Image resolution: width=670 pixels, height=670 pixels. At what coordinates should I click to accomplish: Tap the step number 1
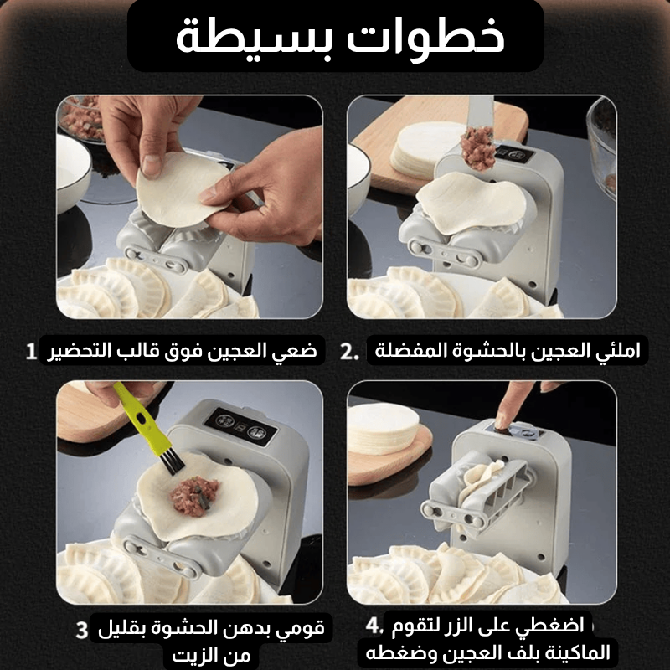(31, 352)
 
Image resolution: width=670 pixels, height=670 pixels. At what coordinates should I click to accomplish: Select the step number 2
(349, 352)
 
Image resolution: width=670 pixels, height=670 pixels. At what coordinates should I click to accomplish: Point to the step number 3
(82, 630)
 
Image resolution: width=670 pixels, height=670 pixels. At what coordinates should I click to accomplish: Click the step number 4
(374, 626)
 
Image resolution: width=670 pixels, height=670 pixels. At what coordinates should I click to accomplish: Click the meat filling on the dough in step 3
(195, 496)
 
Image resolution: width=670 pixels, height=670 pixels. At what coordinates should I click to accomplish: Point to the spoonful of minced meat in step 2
(477, 148)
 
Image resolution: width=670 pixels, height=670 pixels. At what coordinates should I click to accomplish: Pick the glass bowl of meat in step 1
(81, 117)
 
